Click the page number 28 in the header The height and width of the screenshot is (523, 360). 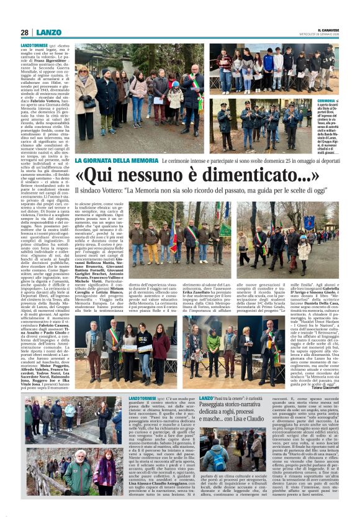click(24, 32)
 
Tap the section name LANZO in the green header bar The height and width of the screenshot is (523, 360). click(48, 32)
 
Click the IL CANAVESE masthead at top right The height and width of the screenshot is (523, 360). click(324, 29)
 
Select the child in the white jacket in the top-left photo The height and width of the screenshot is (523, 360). click(176, 98)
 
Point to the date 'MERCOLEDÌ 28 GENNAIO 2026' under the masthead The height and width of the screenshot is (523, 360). click(325, 35)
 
